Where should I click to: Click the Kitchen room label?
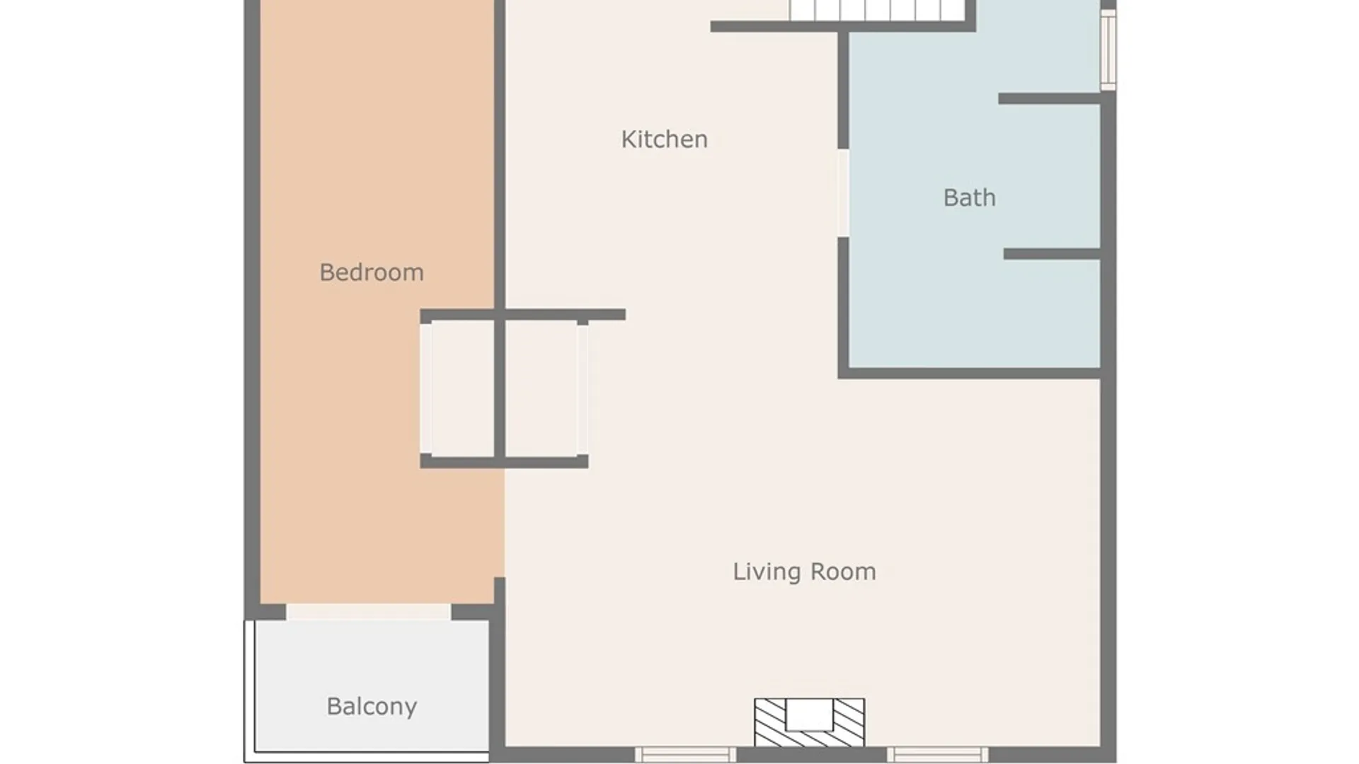[664, 139]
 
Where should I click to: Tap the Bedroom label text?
[372, 272]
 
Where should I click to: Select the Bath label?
[969, 197]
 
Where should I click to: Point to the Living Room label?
[804, 572]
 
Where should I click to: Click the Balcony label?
[372, 706]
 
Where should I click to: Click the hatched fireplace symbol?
[809, 723]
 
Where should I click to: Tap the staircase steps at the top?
[878, 10]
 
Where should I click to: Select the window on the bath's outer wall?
[1108, 50]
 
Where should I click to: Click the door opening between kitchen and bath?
[843, 193]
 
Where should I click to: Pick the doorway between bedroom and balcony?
[368, 612]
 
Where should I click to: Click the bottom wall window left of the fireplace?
[685, 755]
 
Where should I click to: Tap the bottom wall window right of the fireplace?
[938, 755]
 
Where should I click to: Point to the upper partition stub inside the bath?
[1049, 99]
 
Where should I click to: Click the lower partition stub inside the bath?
[1052, 254]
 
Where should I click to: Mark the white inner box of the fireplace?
[809, 714]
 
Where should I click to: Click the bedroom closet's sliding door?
[426, 388]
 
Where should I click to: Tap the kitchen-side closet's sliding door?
[583, 388]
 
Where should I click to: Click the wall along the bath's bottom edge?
[969, 373]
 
